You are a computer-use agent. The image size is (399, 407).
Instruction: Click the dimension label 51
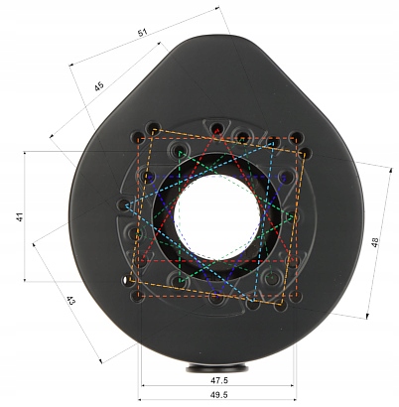click(142, 33)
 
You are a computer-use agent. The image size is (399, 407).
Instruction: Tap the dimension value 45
click(99, 86)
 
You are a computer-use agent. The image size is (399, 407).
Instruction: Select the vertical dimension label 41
click(20, 217)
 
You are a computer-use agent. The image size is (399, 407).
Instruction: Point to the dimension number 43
click(71, 301)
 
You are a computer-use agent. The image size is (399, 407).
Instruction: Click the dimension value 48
click(375, 242)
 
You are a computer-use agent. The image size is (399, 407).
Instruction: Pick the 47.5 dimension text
click(219, 380)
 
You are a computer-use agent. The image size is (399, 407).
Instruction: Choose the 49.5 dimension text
click(219, 395)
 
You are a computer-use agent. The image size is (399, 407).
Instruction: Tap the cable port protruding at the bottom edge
click(217, 367)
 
